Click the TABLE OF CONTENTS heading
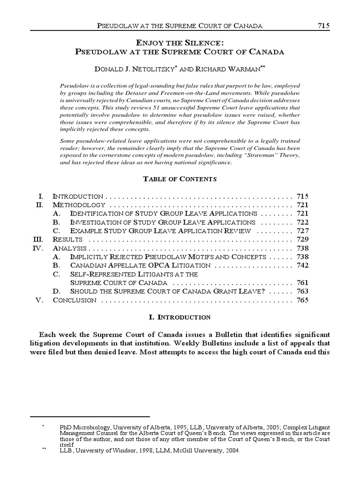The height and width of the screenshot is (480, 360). tap(180, 179)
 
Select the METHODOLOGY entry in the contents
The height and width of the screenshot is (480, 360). tap(79, 205)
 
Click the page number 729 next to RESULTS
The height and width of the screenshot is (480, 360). tap(302, 239)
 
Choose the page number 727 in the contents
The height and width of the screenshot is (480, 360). tap(302, 231)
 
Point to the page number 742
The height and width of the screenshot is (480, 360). tap(302, 265)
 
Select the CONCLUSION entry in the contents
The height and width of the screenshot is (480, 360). tap(75, 300)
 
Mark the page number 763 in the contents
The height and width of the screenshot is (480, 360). tap(302, 292)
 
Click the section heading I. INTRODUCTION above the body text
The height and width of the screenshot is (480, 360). tap(180, 317)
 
